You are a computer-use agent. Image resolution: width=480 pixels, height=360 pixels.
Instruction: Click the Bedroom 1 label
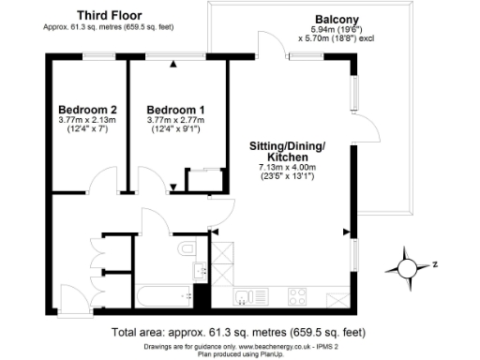click(x=176, y=109)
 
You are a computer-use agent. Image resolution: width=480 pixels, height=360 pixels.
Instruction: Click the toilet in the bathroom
click(x=188, y=248)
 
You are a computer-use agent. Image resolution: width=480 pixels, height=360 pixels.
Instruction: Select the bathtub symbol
click(x=160, y=295)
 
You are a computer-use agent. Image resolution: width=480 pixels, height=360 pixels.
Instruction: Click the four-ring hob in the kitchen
click(x=298, y=298)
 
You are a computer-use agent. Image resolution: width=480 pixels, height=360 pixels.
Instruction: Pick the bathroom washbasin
click(x=199, y=272)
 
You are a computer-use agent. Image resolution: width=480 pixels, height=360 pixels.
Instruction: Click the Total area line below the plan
click(x=239, y=332)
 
